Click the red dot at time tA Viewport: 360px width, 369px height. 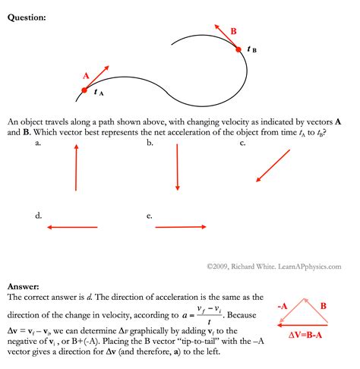click(85, 90)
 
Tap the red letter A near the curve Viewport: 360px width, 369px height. click(86, 75)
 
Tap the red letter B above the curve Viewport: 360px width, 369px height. click(233, 31)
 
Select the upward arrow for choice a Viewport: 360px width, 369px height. click(76, 168)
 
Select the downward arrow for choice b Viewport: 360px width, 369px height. click(177, 167)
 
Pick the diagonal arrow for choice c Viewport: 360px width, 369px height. click(273, 166)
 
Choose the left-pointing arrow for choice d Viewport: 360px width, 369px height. click(72, 226)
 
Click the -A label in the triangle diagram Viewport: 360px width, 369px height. click(282, 307)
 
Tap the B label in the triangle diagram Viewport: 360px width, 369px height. click(323, 307)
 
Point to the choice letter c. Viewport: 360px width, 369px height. click(242, 143)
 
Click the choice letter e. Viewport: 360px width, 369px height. click(150, 216)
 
